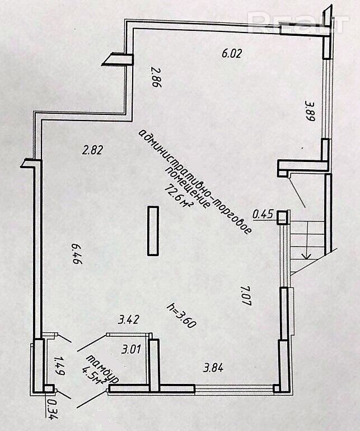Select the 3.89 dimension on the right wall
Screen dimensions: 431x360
(x=308, y=111)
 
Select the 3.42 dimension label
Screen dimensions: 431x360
(x=128, y=320)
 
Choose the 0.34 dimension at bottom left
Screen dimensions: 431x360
(x=53, y=409)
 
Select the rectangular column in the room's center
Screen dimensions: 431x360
(x=152, y=231)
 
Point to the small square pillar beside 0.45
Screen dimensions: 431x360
(x=282, y=215)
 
